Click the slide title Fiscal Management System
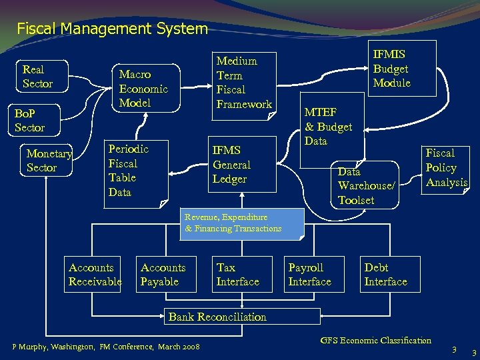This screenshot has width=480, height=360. [x=112, y=29]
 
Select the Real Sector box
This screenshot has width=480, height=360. [x=38, y=77]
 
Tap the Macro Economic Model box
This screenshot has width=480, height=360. [x=143, y=89]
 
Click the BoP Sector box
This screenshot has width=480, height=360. [x=30, y=120]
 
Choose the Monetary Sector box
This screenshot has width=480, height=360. [x=48, y=161]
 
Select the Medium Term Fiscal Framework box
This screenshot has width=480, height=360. [x=244, y=83]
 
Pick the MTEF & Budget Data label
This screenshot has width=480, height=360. [x=328, y=127]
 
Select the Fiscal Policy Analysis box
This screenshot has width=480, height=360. [x=445, y=168]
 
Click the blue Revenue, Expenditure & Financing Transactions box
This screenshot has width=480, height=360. [x=241, y=223]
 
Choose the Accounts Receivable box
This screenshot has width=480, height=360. [x=95, y=275]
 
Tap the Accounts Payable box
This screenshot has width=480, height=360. [x=163, y=275]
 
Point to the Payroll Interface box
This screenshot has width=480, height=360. [x=313, y=275]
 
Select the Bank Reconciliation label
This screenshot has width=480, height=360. [x=217, y=317]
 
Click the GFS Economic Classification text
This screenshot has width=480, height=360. [x=375, y=341]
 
